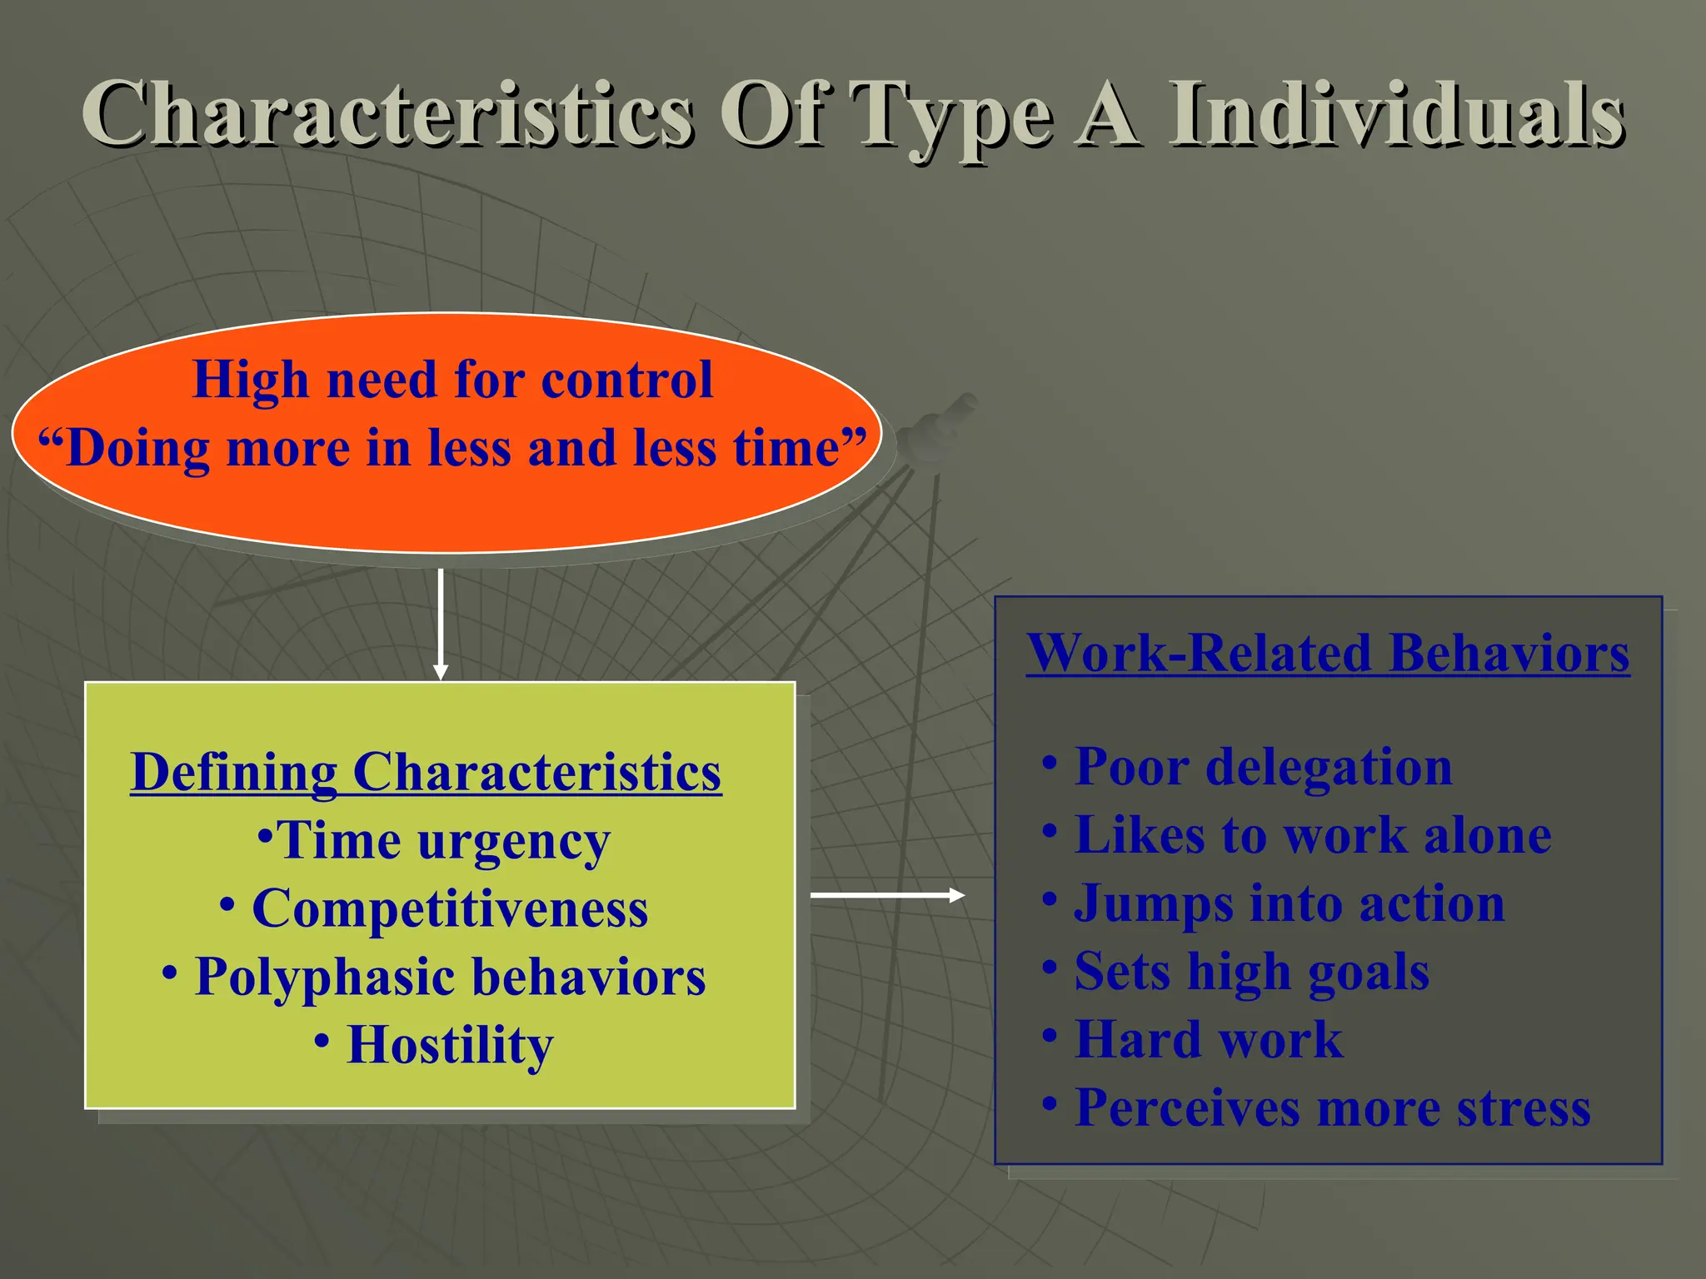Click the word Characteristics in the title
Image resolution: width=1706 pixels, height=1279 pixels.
[387, 114]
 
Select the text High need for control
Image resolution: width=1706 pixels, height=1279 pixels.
[452, 380]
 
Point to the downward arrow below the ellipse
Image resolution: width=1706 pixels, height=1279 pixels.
[441, 625]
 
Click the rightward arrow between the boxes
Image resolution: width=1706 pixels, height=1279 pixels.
[887, 895]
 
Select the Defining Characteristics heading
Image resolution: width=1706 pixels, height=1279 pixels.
[426, 772]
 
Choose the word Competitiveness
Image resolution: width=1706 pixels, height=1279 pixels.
[450, 908]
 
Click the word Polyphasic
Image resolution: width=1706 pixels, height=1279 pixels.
[324, 977]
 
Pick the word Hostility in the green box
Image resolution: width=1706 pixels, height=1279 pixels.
[450, 1045]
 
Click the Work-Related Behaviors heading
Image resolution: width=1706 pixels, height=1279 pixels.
[1328, 653]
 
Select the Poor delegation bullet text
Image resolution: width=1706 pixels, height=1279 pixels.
[1263, 766]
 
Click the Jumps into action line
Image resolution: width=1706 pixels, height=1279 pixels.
[1289, 903]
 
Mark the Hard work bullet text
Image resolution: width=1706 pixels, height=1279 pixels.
[1209, 1040]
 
